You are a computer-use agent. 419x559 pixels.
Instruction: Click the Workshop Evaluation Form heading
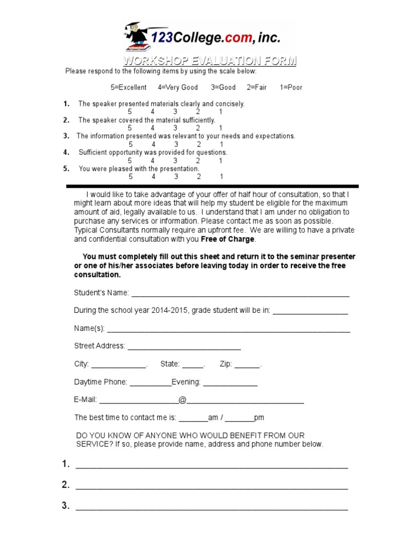pos(209,61)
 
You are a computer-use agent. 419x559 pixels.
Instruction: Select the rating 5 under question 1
pos(130,112)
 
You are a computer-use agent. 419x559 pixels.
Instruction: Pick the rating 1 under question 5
pos(222,177)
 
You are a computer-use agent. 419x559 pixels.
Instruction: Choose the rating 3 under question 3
pos(176,144)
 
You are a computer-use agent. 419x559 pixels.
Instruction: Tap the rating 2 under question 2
pos(198,128)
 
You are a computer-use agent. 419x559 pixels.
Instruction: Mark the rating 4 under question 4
pos(153,160)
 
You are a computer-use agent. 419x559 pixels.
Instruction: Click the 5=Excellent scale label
pos(128,87)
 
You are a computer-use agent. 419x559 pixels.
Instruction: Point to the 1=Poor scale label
pos(291,87)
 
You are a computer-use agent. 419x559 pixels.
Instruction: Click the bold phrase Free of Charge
pos(228,239)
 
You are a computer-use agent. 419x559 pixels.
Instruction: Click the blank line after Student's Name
pos(240,294)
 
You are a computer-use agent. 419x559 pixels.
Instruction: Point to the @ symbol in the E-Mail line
pos(182,400)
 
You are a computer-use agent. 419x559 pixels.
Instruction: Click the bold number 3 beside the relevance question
pos(66,136)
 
